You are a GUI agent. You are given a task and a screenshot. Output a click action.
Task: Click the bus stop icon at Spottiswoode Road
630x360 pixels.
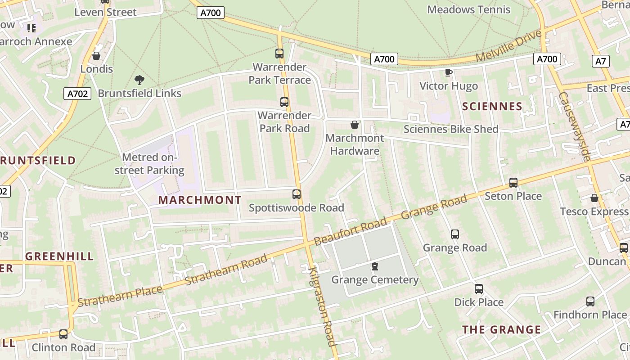click(x=297, y=194)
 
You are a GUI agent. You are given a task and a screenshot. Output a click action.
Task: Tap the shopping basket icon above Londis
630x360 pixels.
click(x=96, y=56)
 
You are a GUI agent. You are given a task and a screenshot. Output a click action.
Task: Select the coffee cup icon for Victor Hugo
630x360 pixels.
click(x=448, y=72)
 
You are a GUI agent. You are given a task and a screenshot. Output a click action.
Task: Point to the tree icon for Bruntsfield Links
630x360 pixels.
click(x=139, y=80)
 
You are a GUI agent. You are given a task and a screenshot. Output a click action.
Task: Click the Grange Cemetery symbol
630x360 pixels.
click(x=374, y=267)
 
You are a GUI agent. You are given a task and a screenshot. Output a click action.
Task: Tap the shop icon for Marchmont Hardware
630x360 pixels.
click(x=355, y=125)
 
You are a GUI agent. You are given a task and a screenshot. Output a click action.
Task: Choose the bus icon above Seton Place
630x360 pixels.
click(x=513, y=183)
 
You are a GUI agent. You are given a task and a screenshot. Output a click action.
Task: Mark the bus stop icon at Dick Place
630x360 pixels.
click(x=479, y=289)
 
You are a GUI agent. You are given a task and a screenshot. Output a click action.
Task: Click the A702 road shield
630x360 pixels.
click(x=77, y=94)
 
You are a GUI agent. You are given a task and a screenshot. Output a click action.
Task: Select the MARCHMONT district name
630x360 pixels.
click(x=200, y=200)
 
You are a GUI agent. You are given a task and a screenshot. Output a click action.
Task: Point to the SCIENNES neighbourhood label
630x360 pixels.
click(x=492, y=107)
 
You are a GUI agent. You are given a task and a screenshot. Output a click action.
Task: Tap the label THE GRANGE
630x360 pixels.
click(x=502, y=330)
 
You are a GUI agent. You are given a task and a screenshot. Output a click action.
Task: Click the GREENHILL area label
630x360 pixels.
click(x=59, y=256)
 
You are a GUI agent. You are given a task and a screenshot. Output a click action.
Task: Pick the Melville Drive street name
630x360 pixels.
click(x=508, y=46)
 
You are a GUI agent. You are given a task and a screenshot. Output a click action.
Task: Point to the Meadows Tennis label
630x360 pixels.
click(x=468, y=9)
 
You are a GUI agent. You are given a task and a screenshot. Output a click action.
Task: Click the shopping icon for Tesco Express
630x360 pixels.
click(x=594, y=198)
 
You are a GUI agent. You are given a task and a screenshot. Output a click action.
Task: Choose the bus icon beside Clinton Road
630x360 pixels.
click(x=63, y=334)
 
